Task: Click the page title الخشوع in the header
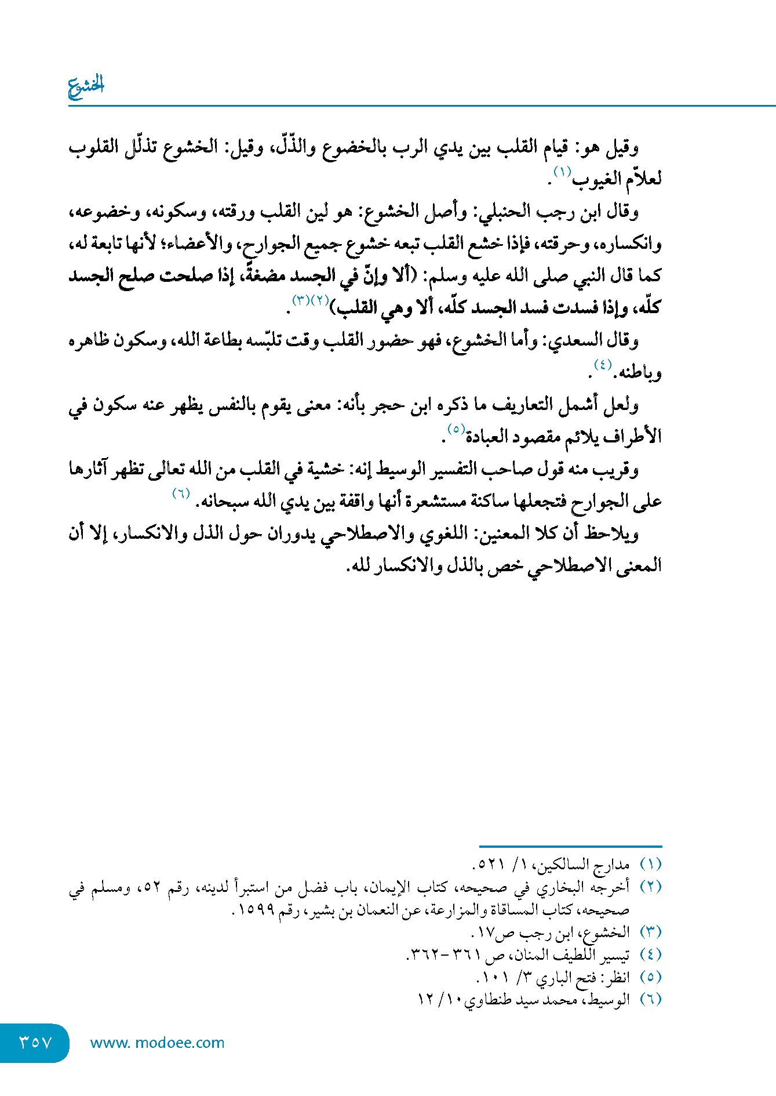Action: click(86, 86)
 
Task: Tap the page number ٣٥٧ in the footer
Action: click(36, 1043)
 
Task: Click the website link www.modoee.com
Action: click(157, 1043)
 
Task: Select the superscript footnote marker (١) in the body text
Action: click(562, 172)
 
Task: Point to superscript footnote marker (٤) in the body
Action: click(603, 365)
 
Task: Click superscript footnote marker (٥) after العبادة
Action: click(456, 429)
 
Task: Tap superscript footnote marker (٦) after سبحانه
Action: click(181, 493)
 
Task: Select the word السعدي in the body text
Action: click(571, 341)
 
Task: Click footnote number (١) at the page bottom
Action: click(650, 865)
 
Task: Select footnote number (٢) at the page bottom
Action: click(650, 887)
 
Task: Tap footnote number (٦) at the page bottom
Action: click(650, 1000)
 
